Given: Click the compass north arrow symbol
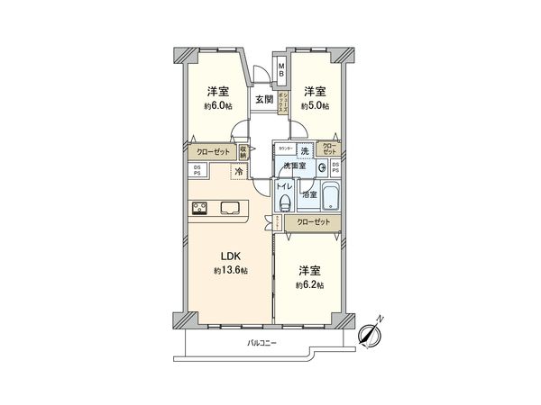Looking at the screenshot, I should (369, 334).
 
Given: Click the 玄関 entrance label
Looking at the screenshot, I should (263, 100).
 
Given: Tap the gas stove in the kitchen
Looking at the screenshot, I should (200, 208).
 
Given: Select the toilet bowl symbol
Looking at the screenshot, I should (284, 204).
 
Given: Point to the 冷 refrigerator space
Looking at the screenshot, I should (239, 170).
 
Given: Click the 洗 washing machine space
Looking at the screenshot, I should (306, 149).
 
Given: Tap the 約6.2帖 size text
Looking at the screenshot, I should (309, 285).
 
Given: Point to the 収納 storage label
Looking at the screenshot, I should (243, 152).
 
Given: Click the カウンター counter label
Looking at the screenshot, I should (285, 148).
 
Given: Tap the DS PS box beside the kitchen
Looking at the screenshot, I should (197, 170).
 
